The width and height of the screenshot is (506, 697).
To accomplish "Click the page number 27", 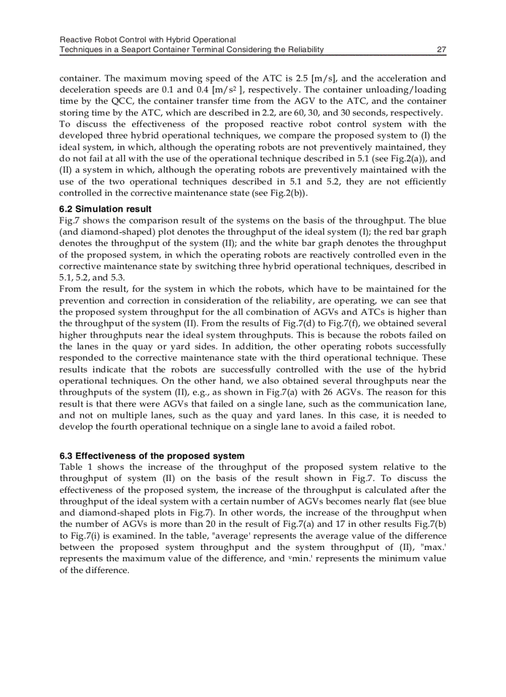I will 442,50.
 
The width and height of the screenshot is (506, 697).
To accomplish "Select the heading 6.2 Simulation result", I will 105,209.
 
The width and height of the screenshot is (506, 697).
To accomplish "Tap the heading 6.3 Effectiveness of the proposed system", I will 152,456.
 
